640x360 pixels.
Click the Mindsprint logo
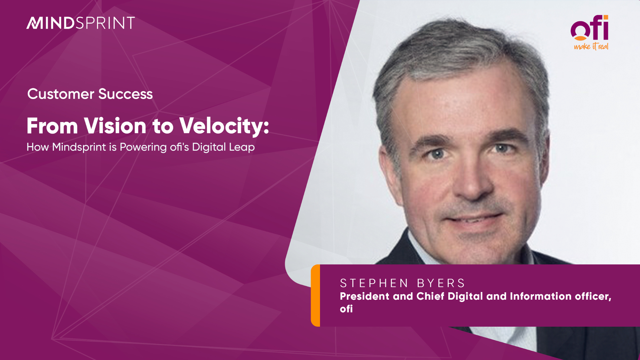click(x=81, y=23)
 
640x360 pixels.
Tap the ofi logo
click(x=590, y=32)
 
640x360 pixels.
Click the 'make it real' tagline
click(x=591, y=46)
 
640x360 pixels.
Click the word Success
click(x=126, y=94)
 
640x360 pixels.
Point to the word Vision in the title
click(x=115, y=126)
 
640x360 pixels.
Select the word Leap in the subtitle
click(x=242, y=147)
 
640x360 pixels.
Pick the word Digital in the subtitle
click(x=209, y=147)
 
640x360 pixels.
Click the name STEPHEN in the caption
click(x=374, y=283)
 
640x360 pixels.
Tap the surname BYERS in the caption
click(x=441, y=283)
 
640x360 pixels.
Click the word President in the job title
click(x=365, y=296)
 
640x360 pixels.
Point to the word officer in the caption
click(x=593, y=296)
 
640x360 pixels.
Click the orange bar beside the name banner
click(x=315, y=295)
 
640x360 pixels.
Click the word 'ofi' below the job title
click(x=346, y=309)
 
